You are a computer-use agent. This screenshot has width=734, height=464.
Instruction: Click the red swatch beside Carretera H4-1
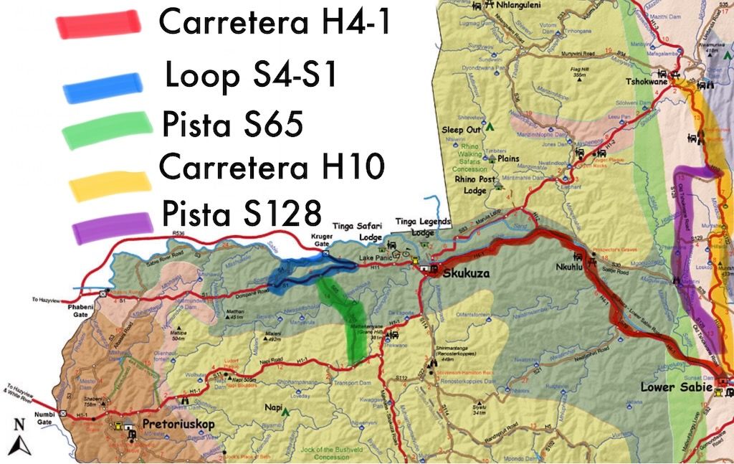click(98, 23)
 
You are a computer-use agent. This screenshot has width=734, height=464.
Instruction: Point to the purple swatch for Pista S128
click(113, 227)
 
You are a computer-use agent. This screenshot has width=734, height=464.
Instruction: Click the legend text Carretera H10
click(272, 167)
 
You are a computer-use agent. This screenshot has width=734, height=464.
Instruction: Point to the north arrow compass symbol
click(19, 439)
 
